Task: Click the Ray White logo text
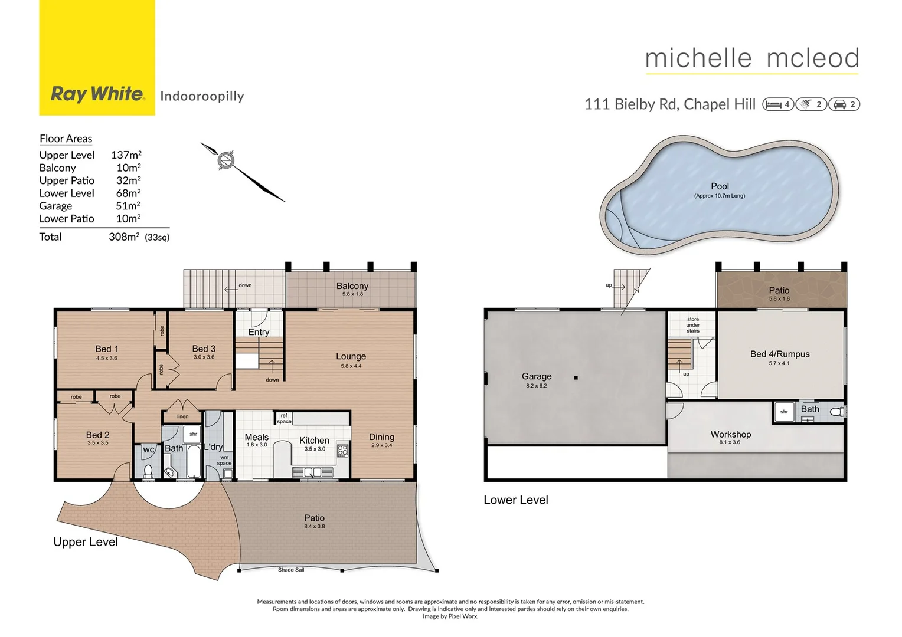97,94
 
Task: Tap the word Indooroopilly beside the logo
202,96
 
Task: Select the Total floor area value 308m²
124,237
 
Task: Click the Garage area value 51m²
128,206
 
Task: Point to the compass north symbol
226,160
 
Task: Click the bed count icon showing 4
778,104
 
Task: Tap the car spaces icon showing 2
844,104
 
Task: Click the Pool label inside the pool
720,186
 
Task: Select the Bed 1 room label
107,349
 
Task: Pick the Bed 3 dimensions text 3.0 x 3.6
204,357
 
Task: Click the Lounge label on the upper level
351,356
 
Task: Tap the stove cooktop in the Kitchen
342,451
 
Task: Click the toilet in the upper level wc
148,471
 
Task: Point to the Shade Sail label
291,570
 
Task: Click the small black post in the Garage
576,377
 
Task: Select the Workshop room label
730,434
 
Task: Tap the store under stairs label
692,325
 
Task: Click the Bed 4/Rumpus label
779,354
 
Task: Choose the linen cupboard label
183,416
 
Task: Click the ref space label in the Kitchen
284,418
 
